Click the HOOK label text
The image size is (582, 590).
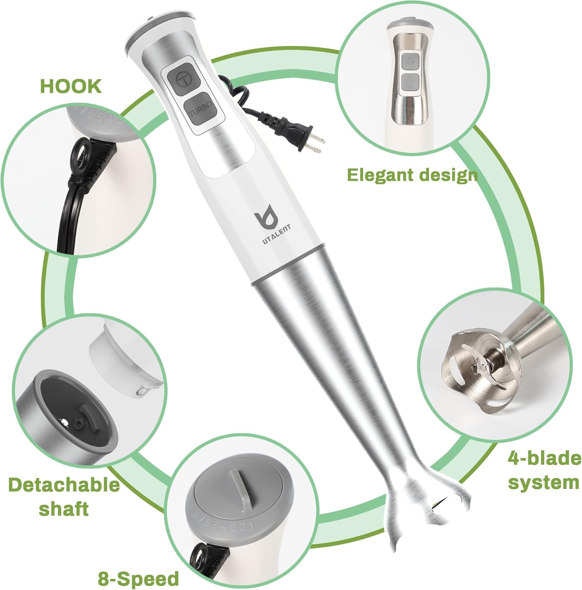coord(71,86)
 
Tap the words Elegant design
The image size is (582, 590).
coord(412,175)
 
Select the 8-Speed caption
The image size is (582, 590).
coord(138,579)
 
